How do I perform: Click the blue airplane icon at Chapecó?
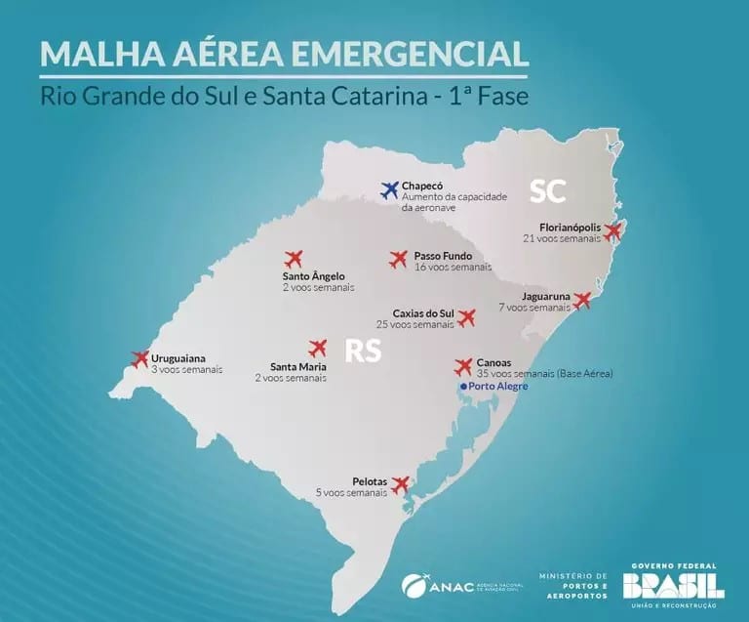coord(389,189)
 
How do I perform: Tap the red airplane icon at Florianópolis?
coord(612,231)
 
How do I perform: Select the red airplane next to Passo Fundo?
coord(398,259)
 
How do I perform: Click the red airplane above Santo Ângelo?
coord(294,259)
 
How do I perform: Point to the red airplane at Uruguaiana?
coord(139,358)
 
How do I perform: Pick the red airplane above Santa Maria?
coord(317,348)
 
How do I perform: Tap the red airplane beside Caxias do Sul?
coord(466,317)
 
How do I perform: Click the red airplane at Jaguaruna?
coord(582,300)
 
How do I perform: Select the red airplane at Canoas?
coord(464,367)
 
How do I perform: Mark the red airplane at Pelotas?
coord(400,483)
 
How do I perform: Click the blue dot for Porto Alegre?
coord(464,388)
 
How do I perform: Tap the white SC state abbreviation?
coord(548,190)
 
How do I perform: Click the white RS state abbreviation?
coord(362,352)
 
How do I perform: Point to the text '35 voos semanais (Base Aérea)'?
coord(545,374)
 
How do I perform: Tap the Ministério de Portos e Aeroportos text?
coord(573,585)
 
